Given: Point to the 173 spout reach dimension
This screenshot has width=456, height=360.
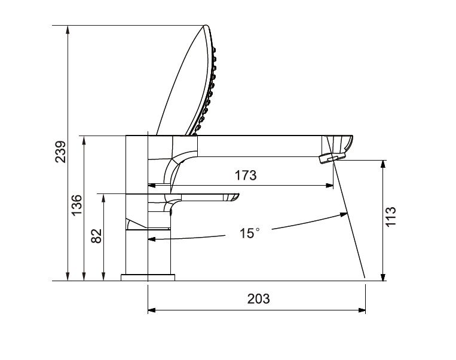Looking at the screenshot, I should (245, 176).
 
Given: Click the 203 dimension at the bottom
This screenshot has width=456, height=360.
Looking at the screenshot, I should (258, 299).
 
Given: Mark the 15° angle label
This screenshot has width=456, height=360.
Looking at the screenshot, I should (250, 233).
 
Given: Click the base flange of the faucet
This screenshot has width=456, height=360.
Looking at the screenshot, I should (148, 277).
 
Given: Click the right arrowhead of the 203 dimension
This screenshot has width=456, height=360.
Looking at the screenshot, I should (362, 310).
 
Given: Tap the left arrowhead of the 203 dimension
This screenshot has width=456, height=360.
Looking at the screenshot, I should (151, 310).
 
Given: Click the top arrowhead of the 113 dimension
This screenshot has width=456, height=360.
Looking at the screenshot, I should (382, 164).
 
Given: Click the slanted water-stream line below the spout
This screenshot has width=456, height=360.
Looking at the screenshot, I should (350, 221).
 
